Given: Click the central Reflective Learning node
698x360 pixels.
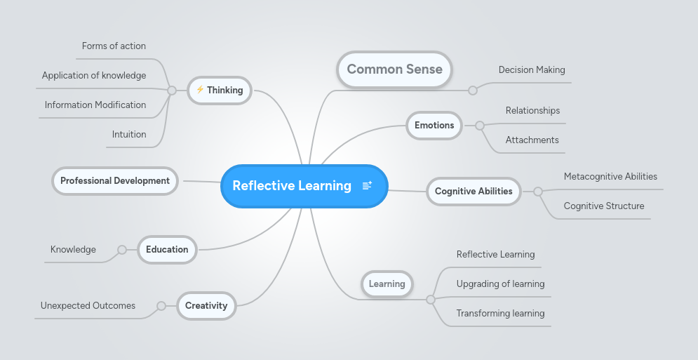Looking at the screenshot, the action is [292, 186].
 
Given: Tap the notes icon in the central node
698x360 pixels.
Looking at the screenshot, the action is [367, 186].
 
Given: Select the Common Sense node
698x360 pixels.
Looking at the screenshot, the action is [394, 69].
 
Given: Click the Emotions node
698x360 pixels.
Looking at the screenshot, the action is [434, 126].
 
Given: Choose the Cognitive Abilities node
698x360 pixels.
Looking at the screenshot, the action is [474, 191].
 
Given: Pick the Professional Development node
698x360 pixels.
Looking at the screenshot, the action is [115, 181].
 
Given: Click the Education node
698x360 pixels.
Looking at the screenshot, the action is [167, 249].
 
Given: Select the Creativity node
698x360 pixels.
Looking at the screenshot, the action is [206, 305].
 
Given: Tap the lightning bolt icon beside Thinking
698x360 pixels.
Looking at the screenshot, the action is [200, 90].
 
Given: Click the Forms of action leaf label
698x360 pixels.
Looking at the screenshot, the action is [114, 46].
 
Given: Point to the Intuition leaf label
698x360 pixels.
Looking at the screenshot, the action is [129, 135].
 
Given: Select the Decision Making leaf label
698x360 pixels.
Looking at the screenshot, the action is [532, 70].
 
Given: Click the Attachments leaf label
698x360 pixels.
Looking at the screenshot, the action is [532, 140].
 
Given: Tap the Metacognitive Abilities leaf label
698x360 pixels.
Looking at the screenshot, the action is [610, 177].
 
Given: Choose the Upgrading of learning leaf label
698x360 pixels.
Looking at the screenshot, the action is [500, 284].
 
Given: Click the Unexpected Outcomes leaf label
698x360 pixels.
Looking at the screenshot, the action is [88, 306].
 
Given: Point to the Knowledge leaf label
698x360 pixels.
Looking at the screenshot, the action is [73, 250].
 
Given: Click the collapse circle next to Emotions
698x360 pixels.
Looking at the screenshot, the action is [480, 126].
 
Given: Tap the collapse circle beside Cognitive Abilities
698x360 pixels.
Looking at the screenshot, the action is [538, 191].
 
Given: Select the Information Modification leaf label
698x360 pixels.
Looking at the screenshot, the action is [95, 105].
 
